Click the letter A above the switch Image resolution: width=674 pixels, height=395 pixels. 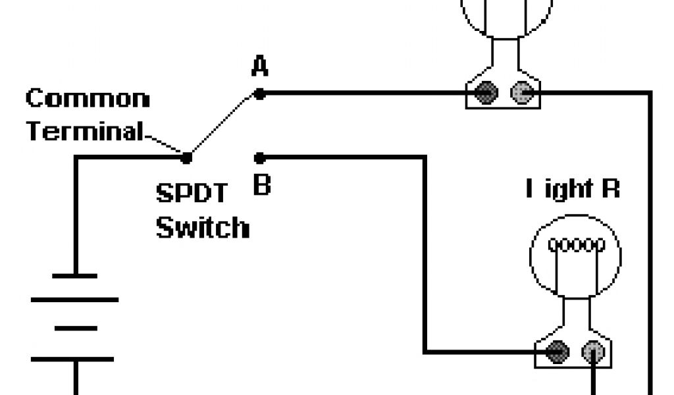click(260, 67)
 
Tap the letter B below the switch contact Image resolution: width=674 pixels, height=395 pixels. click(262, 184)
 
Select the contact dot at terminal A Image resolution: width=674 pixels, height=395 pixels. click(260, 94)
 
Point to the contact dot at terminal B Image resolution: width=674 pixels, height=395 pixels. click(260, 157)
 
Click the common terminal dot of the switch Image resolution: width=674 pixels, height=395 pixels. click(186, 157)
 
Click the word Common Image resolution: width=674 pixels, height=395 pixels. click(88, 99)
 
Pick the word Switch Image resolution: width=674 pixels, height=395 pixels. click(203, 228)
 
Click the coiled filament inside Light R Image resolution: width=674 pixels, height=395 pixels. click(576, 246)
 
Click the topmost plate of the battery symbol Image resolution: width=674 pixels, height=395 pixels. click(74, 275)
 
